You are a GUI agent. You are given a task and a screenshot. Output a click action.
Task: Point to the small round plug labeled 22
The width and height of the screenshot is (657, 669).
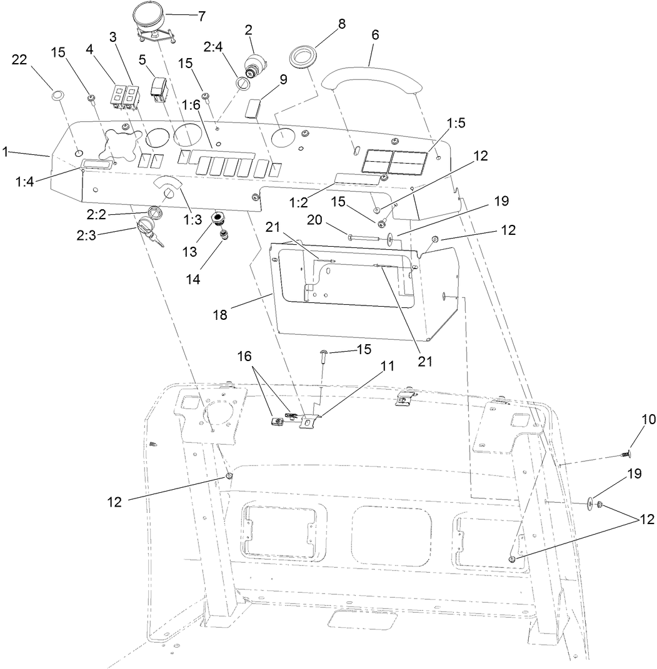tap(57, 96)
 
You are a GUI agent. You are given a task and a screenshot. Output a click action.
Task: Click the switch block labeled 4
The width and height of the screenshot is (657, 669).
tap(119, 96)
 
